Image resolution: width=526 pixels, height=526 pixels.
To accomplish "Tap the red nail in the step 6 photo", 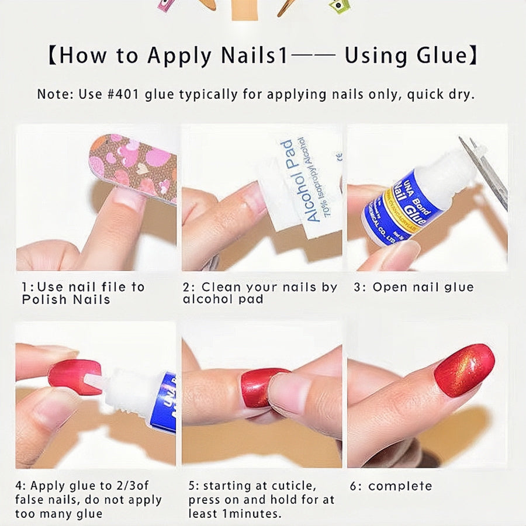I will (x=464, y=371).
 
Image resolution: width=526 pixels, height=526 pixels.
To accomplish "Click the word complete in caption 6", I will (x=400, y=486).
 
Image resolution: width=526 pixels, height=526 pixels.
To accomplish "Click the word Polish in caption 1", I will (x=41, y=300).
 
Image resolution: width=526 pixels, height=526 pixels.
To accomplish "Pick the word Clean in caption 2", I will (x=221, y=288).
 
